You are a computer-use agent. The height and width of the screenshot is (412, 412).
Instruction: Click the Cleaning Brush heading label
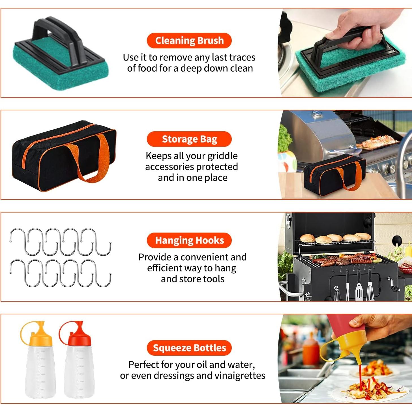(189, 40)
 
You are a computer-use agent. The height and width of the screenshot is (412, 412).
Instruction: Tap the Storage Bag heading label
(189, 139)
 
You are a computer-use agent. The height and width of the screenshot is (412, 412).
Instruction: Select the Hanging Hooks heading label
(189, 240)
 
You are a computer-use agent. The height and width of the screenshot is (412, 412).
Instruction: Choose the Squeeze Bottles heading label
(189, 348)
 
